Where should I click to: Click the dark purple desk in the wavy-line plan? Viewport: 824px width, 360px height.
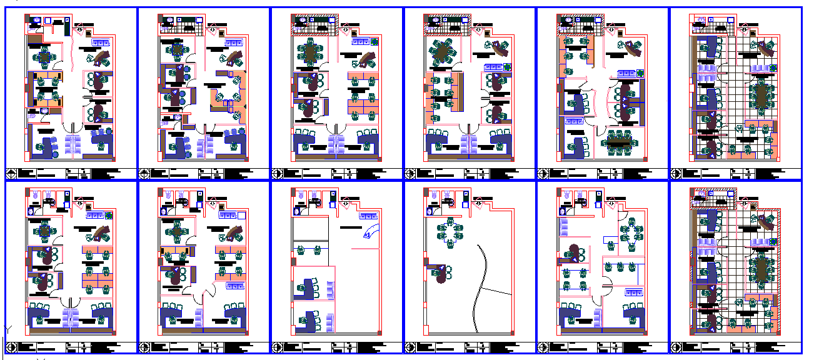pyautogui.click(x=442, y=274)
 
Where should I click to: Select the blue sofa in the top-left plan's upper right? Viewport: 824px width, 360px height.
pyautogui.click(x=100, y=42)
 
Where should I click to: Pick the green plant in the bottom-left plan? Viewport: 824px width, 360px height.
pyautogui.click(x=109, y=216)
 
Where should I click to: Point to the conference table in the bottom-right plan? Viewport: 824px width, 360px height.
pyautogui.click(x=761, y=269)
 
